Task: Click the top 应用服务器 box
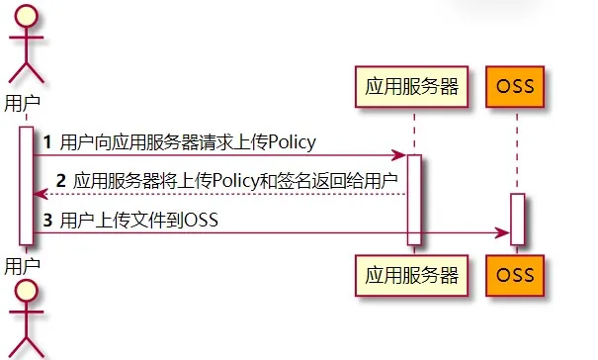413,87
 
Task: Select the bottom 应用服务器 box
413,273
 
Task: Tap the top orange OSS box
516,87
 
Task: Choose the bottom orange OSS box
516,273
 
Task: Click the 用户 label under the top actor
23,102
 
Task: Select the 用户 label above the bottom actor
23,265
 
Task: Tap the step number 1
46,142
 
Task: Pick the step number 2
60,181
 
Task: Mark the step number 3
46,220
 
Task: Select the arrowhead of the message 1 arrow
399,155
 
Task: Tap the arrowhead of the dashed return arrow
39,194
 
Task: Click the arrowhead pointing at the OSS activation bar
503,232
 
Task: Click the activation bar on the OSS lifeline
517,219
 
